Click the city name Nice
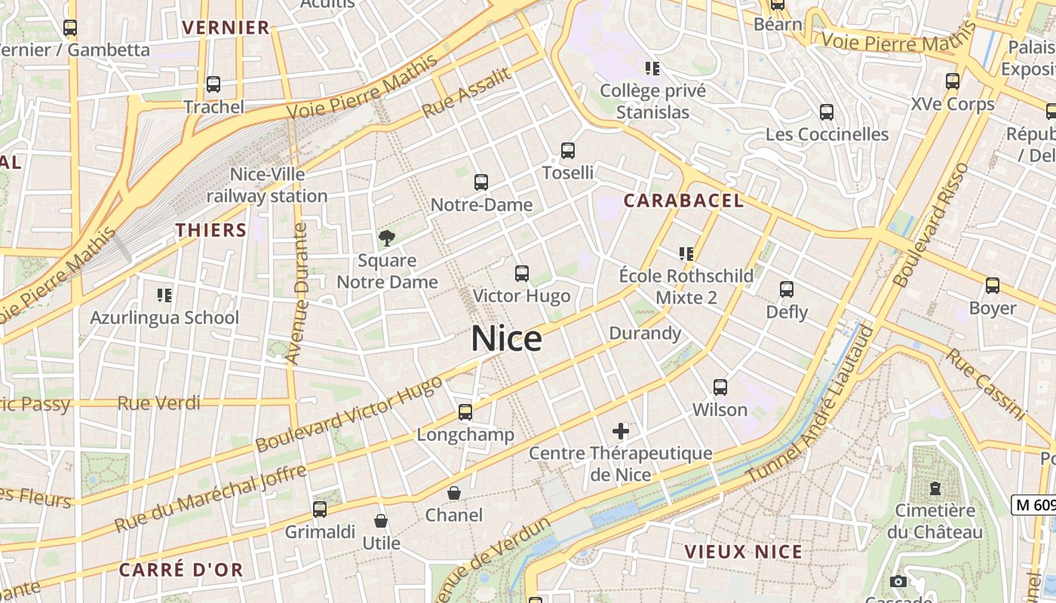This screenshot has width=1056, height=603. pos(506,339)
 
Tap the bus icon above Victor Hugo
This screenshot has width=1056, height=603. pos(521,274)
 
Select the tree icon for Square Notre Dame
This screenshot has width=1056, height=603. pos(387,239)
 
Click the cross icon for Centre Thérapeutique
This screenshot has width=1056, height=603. pos(621,431)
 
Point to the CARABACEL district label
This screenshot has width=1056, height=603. pos(683,200)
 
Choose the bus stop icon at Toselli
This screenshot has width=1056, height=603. pos(568,151)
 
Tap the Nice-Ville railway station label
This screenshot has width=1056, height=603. pos(267,185)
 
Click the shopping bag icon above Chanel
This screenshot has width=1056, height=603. pos(454,493)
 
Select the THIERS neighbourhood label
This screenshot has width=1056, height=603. pos(211,230)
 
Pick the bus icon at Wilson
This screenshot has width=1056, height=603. pos(720,387)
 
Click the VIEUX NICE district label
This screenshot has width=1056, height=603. pos(743,552)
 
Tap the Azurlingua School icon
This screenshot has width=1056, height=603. pos(164,295)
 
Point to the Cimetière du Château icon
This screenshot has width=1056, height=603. pos(935,488)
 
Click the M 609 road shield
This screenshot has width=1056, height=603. pos(1034,505)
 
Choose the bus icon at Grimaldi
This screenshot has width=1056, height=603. pos(320,510)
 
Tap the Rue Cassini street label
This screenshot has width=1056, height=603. pos(986,384)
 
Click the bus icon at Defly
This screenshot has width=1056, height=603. pos(787,289)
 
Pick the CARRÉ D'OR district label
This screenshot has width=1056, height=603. pos(181,570)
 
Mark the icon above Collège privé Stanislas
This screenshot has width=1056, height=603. pos(652,69)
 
